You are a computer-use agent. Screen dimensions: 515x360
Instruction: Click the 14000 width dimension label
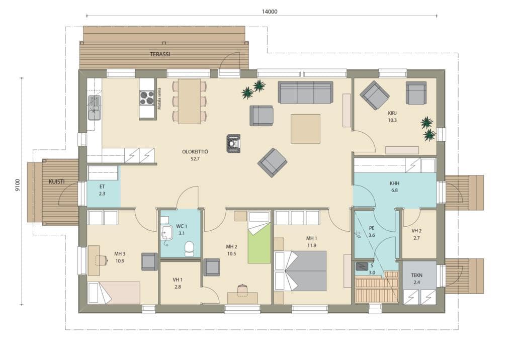[x=270, y=12]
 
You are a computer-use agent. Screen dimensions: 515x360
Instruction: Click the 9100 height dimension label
[x=18, y=185]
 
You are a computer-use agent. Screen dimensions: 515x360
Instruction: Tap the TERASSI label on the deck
[x=160, y=54]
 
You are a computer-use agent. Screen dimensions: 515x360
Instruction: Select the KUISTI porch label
[x=56, y=182]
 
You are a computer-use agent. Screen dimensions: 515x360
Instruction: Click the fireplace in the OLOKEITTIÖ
[x=233, y=143]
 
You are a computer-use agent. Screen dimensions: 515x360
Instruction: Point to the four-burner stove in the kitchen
[x=147, y=98]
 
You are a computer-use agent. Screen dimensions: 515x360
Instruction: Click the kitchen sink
[x=95, y=108]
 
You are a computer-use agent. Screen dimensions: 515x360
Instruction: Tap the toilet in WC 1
[x=189, y=249]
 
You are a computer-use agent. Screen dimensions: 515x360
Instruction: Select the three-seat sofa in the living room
[x=305, y=93]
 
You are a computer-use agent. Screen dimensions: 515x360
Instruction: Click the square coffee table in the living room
[x=305, y=129]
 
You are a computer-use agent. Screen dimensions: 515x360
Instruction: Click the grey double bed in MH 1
[x=301, y=271]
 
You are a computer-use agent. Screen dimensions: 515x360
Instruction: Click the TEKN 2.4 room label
[x=417, y=279]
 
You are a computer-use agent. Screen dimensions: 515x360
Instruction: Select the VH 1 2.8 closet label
[x=178, y=283]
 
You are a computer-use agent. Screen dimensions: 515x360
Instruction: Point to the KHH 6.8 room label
[x=394, y=187]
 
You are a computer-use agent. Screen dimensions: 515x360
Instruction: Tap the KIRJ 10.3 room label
[x=392, y=117]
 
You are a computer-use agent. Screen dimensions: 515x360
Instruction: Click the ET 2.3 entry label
[x=102, y=190]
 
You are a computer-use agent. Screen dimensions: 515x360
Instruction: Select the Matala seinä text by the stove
[x=159, y=99]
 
